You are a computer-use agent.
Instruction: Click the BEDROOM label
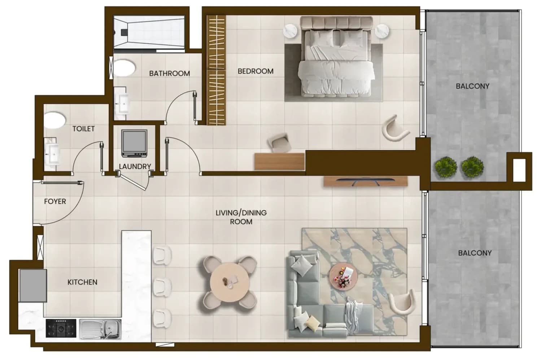256,71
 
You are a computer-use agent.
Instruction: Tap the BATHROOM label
170,73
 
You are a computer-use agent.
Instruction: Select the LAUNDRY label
135,166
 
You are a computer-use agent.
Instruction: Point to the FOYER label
55,201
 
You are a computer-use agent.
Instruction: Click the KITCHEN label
82,282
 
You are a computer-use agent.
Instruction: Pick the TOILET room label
84,129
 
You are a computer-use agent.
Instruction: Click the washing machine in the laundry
134,143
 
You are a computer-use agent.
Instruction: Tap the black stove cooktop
61,328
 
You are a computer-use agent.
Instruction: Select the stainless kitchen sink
100,329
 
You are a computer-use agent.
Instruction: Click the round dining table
230,282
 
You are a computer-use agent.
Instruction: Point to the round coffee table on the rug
344,276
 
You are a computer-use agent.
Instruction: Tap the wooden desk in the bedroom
280,161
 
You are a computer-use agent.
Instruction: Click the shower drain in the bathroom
124,32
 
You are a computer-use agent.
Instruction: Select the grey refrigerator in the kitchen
33,286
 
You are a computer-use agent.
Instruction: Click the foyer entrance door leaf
62,183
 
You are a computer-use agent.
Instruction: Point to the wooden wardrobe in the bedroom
217,70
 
